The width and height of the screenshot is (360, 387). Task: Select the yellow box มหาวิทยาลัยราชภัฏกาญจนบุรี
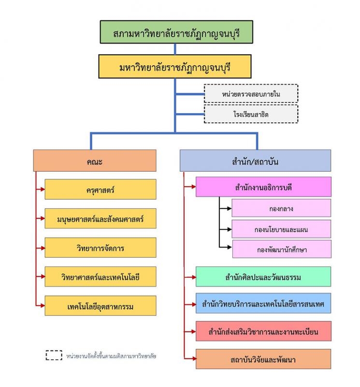tap(174, 66)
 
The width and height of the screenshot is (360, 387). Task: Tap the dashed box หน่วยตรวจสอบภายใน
tap(251, 94)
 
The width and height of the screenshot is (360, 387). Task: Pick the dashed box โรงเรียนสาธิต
tap(251, 114)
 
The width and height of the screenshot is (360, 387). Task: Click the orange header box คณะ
tap(95, 161)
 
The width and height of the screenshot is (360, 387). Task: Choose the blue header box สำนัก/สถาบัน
tap(255, 161)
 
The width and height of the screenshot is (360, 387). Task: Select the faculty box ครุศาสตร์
tap(101, 189)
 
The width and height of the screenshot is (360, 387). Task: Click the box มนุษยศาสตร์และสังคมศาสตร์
tap(101, 219)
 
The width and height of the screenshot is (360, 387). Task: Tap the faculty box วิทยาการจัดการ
tap(101, 248)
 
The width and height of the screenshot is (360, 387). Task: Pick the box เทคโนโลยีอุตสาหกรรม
tap(101, 306)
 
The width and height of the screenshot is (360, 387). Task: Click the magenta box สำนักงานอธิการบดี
tap(263, 187)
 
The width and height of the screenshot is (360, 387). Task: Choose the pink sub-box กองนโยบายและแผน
tap(281, 229)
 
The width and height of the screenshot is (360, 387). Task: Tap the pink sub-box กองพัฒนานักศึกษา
tap(281, 249)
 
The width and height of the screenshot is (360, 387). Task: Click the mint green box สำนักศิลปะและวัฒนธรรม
tap(263, 277)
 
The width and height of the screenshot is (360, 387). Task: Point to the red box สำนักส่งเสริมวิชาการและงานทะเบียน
tap(263, 331)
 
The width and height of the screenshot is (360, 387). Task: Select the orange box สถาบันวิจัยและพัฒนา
tap(263, 359)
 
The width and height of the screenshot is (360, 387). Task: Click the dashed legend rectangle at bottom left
tap(54, 356)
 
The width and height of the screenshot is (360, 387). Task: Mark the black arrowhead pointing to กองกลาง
tap(229, 208)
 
